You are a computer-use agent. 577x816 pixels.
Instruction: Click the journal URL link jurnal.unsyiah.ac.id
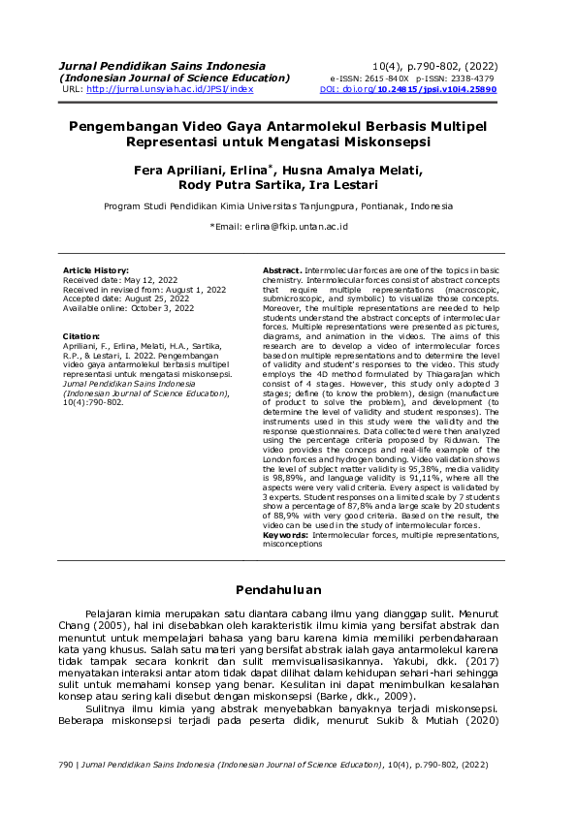(170, 89)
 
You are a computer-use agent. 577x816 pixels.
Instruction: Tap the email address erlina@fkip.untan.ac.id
(294, 226)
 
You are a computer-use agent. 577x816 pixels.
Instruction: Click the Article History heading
(95, 269)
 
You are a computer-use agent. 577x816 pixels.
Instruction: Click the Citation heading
(81, 336)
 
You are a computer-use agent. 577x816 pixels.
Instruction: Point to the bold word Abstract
(282, 269)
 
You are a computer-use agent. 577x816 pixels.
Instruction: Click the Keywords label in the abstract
(285, 535)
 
